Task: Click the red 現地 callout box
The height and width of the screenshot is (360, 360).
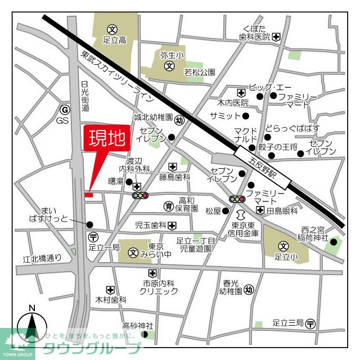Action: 105,139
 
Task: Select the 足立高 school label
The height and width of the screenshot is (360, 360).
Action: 114,40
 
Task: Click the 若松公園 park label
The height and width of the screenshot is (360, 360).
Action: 200,72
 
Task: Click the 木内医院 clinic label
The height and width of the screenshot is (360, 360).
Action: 233,103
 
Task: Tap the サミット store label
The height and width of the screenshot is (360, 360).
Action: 225,116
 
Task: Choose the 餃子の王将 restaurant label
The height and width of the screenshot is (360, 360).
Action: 278,147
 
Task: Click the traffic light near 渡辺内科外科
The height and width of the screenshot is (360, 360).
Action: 140,195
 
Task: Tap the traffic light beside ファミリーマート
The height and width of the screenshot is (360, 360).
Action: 237,199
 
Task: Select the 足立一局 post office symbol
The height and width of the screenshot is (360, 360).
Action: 93,236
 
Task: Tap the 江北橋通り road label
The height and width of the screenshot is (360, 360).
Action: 42,259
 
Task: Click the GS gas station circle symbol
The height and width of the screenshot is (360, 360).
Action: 65,110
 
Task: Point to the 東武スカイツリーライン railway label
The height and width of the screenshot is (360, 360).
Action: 117,76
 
